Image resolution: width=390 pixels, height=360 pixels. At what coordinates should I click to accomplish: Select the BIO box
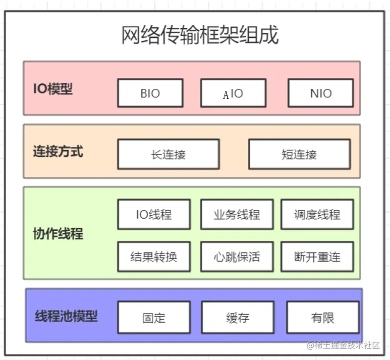(150, 93)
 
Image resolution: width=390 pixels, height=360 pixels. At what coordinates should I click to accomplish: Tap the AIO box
(233, 93)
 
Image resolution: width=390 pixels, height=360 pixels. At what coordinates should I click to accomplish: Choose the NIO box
(321, 93)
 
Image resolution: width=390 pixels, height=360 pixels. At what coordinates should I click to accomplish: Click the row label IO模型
(53, 89)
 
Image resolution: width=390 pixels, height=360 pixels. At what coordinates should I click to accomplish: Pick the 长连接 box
(168, 155)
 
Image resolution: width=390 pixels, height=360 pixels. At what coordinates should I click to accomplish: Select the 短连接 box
(299, 155)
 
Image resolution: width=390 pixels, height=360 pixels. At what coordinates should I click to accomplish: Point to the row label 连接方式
(58, 151)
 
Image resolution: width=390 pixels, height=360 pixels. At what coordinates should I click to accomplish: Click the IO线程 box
(154, 215)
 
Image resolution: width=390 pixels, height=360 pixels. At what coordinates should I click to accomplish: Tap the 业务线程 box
(237, 215)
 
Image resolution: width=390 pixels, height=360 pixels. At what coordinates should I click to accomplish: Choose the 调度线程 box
(317, 215)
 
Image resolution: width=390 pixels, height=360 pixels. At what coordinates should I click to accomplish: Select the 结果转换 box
(154, 256)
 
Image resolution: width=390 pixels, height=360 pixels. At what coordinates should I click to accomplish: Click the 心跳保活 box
(237, 256)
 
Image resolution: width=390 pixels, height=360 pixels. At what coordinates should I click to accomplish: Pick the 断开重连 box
(317, 256)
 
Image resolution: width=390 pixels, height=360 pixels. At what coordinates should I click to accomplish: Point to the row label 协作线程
(58, 234)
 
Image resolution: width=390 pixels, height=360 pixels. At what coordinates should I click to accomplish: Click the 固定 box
(154, 318)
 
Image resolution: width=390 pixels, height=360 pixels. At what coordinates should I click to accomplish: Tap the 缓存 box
(237, 318)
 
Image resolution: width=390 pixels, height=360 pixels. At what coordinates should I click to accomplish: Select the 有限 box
(322, 318)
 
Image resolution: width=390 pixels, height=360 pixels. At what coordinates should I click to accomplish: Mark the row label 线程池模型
(66, 317)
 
